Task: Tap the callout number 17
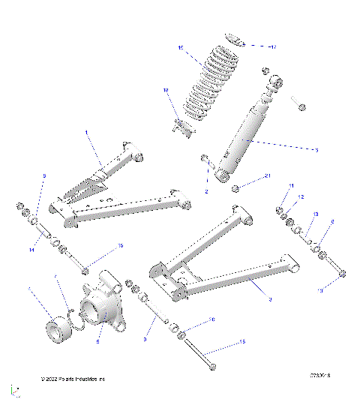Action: point(273,46)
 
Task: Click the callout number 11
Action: point(292,185)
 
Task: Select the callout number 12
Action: point(300,196)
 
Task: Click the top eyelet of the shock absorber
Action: point(274,81)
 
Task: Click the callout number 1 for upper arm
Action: point(88,133)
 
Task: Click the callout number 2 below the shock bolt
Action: point(206,192)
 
